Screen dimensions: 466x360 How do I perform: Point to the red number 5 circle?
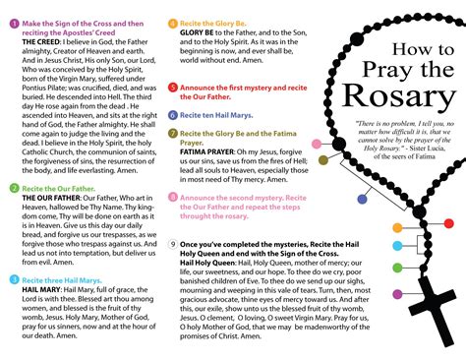point(173,88)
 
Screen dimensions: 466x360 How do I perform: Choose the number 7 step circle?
point(173,132)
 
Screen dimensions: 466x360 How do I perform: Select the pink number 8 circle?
point(173,197)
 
